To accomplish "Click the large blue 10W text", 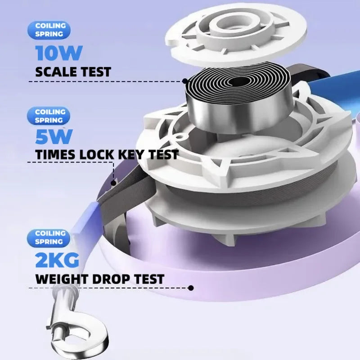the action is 59,53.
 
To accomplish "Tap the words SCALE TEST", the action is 73,72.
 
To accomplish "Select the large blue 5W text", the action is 54,137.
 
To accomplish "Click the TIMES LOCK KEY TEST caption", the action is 107,154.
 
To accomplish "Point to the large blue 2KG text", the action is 57,260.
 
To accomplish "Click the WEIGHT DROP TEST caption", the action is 100,279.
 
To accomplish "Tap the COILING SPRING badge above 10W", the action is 49,30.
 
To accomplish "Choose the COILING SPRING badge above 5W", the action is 49,116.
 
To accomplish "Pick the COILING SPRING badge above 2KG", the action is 49,238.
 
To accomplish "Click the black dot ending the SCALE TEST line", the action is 185,81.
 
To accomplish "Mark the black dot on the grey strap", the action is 113,183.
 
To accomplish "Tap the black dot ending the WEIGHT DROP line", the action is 190,288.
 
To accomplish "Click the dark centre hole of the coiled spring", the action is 239,81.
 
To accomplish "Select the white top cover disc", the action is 236,35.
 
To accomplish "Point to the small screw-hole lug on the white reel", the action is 180,137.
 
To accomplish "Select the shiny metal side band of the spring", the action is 238,112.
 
